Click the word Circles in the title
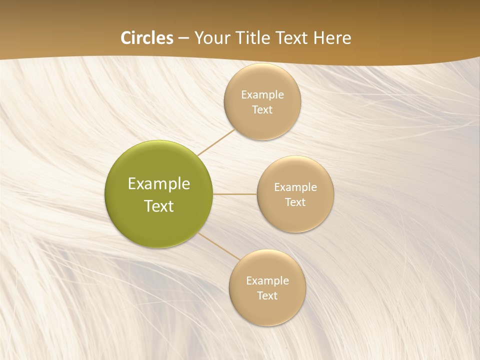[147, 38]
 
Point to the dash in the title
[183, 38]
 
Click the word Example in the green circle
[158, 184]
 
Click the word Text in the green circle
[158, 206]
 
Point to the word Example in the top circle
[262, 95]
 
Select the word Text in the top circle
[262, 110]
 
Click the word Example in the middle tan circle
[295, 187]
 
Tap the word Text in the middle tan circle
[295, 202]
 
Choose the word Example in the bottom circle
[267, 281]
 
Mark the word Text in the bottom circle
[267, 296]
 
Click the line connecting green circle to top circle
[216, 142]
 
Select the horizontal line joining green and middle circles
[234, 194]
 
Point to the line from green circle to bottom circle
[218, 245]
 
